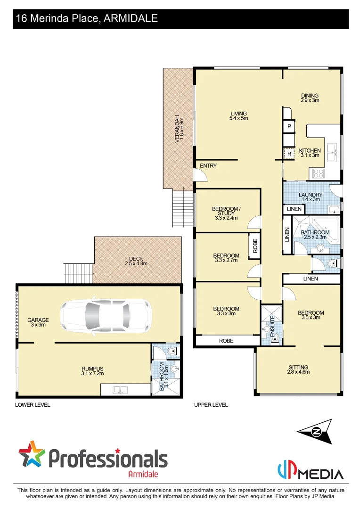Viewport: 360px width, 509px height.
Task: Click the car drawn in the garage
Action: point(106,312)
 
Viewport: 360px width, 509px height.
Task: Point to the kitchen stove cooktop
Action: point(317,173)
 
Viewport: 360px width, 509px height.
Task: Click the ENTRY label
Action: point(208,166)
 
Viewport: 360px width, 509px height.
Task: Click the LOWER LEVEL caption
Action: point(33,405)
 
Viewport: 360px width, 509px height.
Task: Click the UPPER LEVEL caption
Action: point(211,405)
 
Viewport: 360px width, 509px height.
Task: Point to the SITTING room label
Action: point(299,369)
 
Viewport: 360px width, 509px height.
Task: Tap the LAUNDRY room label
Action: point(311,197)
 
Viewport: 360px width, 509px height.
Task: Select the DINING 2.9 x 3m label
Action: point(310,98)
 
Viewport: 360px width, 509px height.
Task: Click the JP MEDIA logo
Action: point(310,471)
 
